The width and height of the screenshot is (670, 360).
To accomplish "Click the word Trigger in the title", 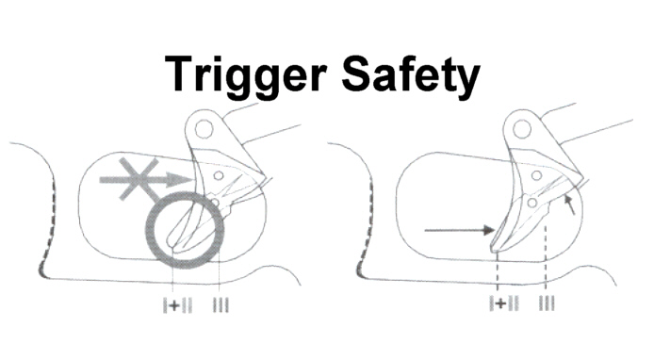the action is point(245,76).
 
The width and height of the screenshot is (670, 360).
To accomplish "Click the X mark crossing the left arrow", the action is point(139,178).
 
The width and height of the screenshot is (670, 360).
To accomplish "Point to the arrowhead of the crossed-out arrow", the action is point(179,180).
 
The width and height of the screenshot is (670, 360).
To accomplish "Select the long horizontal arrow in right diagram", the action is point(459,231).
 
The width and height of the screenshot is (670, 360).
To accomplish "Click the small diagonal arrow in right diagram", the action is point(569,204).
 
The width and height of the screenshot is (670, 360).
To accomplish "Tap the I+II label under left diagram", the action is point(177,305).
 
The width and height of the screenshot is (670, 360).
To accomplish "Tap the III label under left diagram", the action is point(221,305).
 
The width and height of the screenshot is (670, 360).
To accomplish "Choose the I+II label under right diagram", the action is point(504,303).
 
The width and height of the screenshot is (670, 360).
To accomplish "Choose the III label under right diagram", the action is point(547,303).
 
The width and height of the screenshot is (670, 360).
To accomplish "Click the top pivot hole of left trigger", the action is point(204,129).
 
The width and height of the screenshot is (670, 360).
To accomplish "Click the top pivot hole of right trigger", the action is point(522,129).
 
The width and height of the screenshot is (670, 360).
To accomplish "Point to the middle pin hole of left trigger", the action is point(219,175).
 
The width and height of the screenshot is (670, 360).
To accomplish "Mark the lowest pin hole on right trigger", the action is point(532,203).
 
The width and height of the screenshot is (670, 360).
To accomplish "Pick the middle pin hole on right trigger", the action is point(536,175).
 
